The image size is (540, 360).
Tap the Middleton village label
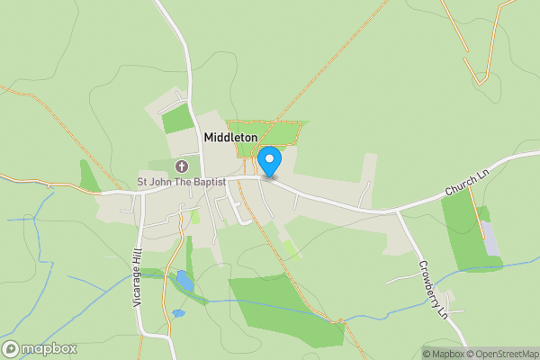click(x=230, y=137)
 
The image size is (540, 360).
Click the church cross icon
click(x=181, y=166)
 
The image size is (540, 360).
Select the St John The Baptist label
click(x=181, y=182)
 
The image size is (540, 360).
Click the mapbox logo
click(x=40, y=349)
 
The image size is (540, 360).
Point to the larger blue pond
click(x=184, y=281)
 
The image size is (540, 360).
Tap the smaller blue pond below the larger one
click(x=177, y=314)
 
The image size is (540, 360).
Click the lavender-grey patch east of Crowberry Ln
click(x=490, y=238)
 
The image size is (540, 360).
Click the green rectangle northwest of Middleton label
click(x=177, y=118)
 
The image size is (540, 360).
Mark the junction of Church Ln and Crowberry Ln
click(x=397, y=212)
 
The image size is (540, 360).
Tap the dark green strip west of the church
click(x=88, y=175)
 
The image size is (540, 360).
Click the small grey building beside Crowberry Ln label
click(x=451, y=298)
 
